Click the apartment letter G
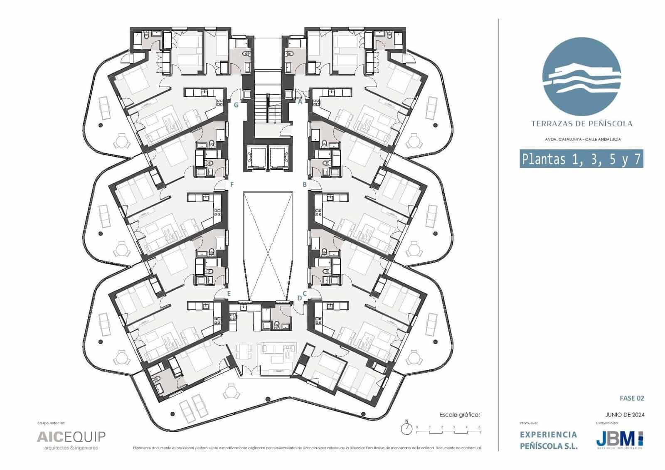236,105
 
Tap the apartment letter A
300,101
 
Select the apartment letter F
232,184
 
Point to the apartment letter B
305,184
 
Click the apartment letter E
229,293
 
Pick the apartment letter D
299,298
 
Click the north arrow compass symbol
407,428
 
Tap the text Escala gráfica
460,414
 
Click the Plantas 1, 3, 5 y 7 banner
581,159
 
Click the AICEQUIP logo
71,437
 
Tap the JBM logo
619,439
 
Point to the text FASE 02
632,398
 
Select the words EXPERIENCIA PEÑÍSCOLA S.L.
549,440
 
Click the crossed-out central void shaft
268,245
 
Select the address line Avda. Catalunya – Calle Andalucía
582,139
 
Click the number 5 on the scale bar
479,427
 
